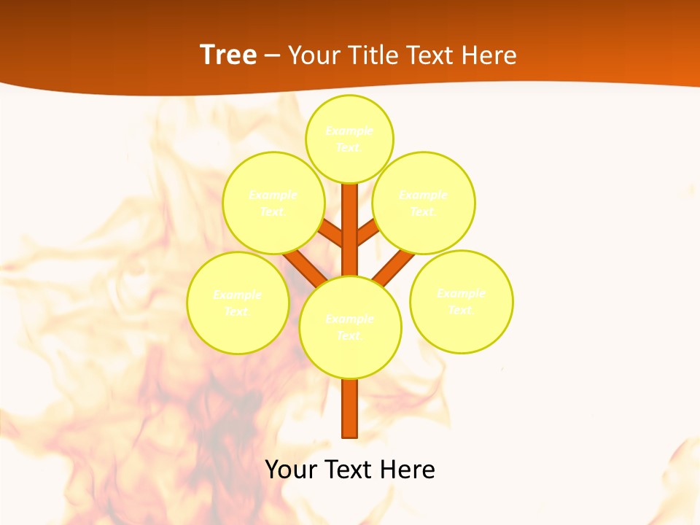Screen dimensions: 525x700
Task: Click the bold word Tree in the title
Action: pyautogui.click(x=228, y=55)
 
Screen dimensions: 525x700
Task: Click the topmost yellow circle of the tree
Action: pyautogui.click(x=349, y=139)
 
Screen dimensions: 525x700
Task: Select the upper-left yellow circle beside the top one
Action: pyautogui.click(x=273, y=203)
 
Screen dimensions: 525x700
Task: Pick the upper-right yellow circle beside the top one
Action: pyautogui.click(x=424, y=203)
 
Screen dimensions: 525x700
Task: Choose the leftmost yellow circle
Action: pyautogui.click(x=238, y=303)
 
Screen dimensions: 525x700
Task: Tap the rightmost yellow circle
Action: pyautogui.click(x=461, y=301)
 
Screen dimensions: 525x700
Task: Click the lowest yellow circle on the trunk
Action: pyautogui.click(x=350, y=327)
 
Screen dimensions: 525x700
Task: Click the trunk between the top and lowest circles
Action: pyautogui.click(x=350, y=233)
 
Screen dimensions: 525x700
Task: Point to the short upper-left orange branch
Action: pyautogui.click(x=332, y=234)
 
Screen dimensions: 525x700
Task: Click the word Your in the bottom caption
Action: pyautogui.click(x=291, y=470)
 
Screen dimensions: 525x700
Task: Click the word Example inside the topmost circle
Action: pyautogui.click(x=349, y=131)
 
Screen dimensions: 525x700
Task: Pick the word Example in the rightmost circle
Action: pyautogui.click(x=461, y=294)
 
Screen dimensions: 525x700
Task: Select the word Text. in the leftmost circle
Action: pyautogui.click(x=238, y=312)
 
